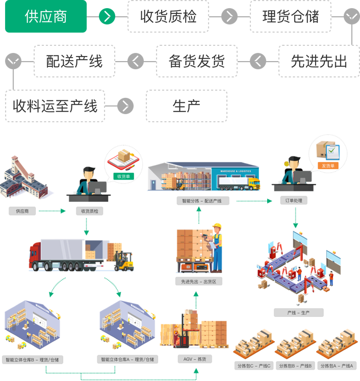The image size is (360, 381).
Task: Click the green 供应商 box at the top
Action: point(46,17)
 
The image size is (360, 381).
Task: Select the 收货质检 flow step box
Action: point(168,17)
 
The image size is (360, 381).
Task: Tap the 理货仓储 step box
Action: point(291,17)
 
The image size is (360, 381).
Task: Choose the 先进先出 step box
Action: point(319,61)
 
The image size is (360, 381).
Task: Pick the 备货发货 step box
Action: point(196,61)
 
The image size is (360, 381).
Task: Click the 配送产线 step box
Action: point(74,61)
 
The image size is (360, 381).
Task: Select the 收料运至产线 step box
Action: point(55,106)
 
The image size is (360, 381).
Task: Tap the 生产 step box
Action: point(186,106)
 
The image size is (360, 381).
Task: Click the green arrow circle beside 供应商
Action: point(107,17)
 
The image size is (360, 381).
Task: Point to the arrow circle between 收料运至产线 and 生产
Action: point(125,106)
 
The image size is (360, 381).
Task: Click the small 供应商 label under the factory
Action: point(22,210)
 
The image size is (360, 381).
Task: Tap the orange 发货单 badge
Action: point(327,166)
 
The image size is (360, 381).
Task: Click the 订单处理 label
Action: point(294,200)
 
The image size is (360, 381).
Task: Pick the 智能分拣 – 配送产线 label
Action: point(202,201)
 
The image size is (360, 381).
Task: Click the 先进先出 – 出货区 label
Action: point(198,281)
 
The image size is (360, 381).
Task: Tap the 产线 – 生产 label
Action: point(298,312)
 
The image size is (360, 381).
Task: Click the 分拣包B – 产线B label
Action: point(296,366)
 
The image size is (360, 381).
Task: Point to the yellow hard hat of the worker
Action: point(218,225)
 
